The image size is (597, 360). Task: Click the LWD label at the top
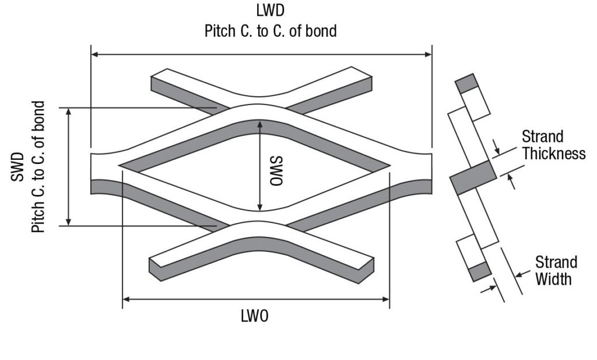coord(271,11)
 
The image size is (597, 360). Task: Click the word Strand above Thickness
coord(542,137)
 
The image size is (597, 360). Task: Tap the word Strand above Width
coord(556,261)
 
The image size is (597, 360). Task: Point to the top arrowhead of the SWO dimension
coord(260,124)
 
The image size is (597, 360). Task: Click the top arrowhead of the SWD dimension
coord(69,111)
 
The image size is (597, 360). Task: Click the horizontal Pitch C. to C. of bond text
coord(271,30)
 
